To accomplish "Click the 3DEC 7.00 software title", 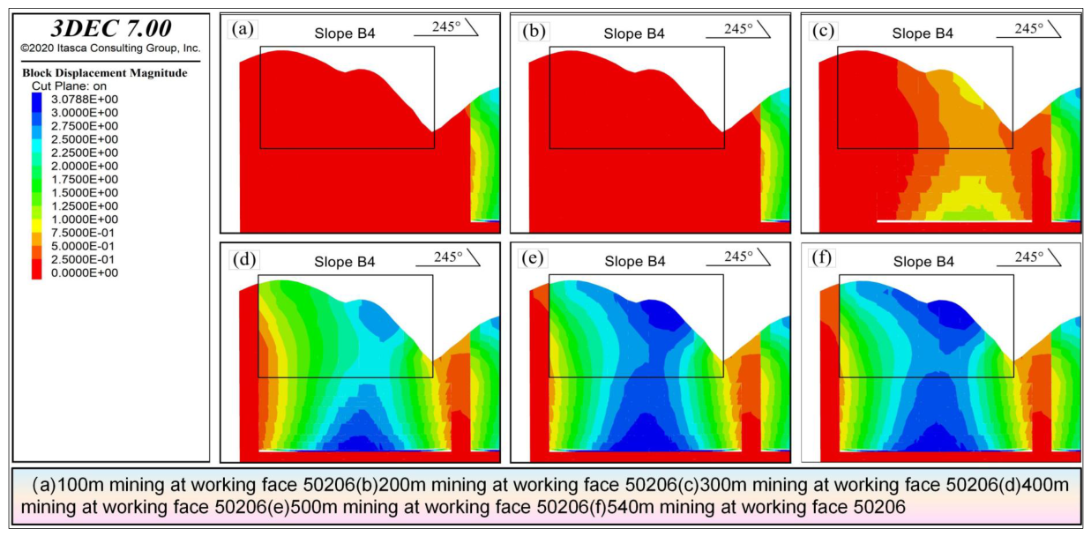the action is pos(111,28).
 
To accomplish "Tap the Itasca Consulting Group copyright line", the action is pos(110,48).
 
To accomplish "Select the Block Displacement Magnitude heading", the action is pos(105,73).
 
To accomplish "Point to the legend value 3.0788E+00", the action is pos(85,100).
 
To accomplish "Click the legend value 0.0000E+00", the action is pos(85,272).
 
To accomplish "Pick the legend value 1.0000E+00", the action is pos(85,220).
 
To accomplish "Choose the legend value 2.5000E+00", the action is pos(85,139).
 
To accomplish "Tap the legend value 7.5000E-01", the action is pos(83,233).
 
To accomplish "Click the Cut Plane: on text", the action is pos(69,86).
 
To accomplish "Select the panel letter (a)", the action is pos(243,29).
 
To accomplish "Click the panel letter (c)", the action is pos(823,30).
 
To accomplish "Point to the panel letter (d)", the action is pos(244,259).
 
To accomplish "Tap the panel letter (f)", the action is pos(822,257).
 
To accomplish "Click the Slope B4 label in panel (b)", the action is pos(634,33).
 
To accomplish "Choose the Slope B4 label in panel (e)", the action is pos(635,262).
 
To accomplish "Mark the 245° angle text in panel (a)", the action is pos(446,26).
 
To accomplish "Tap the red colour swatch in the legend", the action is pos(36,269).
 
